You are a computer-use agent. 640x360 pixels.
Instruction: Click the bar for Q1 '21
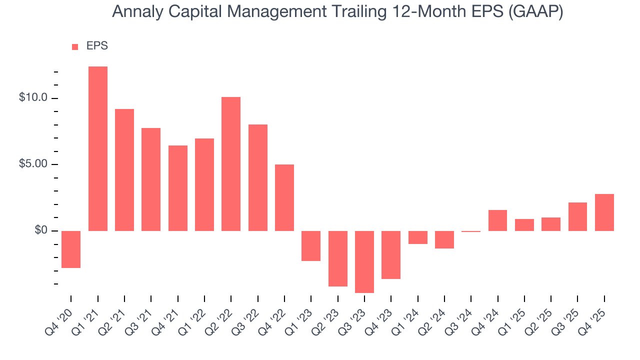tap(98, 148)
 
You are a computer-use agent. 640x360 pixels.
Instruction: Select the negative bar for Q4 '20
tap(71, 249)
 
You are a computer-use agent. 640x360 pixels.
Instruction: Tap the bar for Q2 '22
tap(231, 163)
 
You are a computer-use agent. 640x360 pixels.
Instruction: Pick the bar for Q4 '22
tap(284, 197)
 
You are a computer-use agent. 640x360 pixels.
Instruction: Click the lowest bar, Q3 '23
tap(364, 261)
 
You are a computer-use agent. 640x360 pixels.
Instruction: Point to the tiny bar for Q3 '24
tap(471, 231)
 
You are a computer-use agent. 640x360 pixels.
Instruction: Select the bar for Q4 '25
tap(604, 212)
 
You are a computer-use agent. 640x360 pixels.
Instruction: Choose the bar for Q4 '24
tap(497, 220)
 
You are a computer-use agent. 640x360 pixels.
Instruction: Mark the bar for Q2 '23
tap(338, 258)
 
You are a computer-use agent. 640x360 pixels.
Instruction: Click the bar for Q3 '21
tap(151, 179)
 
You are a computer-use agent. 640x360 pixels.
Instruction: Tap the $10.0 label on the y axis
tap(33, 98)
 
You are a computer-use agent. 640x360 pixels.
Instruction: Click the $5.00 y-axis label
tap(33, 164)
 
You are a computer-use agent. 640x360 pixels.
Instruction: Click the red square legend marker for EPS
tap(75, 47)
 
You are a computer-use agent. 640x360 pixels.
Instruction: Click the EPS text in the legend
tap(97, 46)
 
